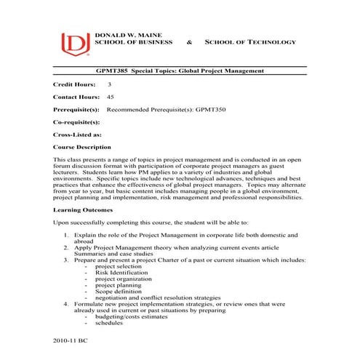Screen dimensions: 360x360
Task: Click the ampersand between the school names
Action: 190,42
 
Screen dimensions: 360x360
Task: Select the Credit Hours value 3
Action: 109,85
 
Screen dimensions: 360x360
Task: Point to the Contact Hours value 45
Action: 111,97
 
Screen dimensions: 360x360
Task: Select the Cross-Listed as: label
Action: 77,135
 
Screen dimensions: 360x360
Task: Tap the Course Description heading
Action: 82,147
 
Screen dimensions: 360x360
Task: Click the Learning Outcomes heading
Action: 83,209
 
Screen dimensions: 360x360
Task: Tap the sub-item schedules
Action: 109,323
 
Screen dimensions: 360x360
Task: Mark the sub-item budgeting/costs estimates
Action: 132,316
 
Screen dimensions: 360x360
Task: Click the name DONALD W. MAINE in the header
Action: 123,34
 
